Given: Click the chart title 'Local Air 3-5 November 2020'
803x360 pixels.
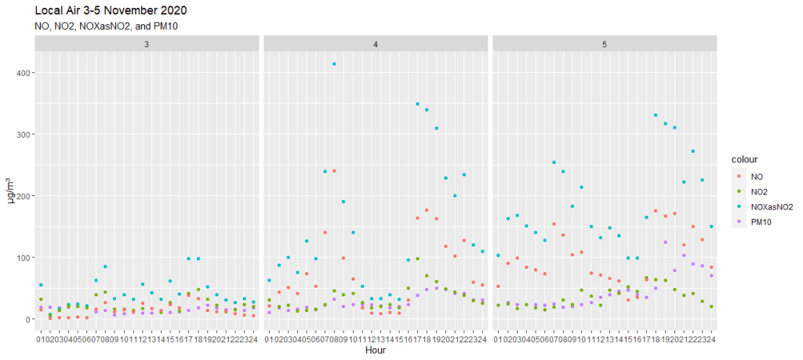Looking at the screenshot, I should tap(111, 11).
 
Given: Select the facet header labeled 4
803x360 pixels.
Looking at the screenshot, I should tap(376, 44).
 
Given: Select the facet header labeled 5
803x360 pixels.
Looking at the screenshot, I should tap(604, 44).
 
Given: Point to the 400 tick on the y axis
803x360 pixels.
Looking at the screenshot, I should tap(23, 73).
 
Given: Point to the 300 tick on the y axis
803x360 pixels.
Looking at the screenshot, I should tap(23, 134).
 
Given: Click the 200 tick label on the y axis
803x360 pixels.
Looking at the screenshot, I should tap(23, 196).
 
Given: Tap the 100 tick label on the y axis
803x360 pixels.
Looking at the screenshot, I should tap(23, 257).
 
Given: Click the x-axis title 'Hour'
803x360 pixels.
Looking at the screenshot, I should tap(376, 351).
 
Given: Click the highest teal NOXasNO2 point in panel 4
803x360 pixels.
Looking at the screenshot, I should tap(335, 64).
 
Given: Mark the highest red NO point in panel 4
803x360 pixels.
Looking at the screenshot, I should tap(335, 171).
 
